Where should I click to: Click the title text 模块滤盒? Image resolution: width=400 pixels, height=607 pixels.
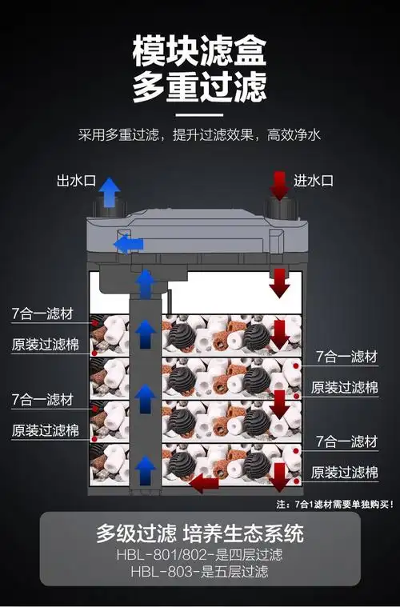[x=200, y=49]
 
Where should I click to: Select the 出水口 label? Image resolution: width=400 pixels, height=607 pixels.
[x=75, y=181]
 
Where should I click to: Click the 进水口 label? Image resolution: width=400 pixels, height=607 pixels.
[x=314, y=181]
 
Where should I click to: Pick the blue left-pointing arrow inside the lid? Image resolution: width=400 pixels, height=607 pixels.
[x=128, y=243]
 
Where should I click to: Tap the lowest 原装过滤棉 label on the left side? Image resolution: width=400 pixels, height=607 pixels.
[x=45, y=430]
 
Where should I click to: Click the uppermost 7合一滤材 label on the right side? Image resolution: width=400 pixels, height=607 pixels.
[x=346, y=357]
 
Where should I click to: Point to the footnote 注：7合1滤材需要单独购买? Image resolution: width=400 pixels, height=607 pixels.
[x=335, y=505]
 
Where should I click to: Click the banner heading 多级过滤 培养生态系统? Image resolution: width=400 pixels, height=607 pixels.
[x=200, y=533]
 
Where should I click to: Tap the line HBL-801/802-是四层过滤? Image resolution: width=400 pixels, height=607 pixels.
[x=200, y=554]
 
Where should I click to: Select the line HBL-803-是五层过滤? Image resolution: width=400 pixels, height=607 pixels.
[x=200, y=573]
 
